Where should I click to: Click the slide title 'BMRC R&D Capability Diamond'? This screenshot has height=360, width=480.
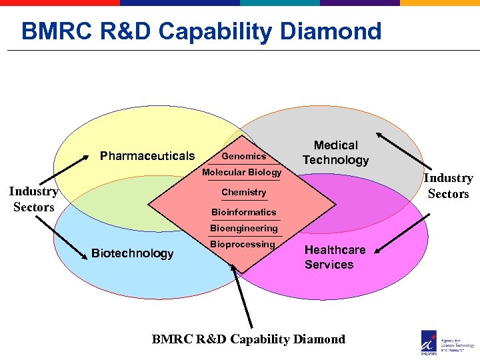pos(201,31)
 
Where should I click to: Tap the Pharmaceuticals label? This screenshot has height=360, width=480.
pos(147,156)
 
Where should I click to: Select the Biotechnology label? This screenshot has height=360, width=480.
pos(132,253)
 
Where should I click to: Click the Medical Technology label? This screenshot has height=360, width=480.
pos(335,153)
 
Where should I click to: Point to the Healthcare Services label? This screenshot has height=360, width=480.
pos(335,257)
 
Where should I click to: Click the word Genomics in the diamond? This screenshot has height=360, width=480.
pos(243,156)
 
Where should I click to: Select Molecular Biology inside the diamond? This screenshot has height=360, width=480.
pos(241,173)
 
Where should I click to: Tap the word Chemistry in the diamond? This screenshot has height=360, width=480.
pos(243,192)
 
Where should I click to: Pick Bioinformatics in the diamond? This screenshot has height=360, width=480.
pos(243,212)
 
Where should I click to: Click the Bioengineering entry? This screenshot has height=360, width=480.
pos(243,228)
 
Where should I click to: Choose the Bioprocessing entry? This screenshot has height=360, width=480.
pos(242,244)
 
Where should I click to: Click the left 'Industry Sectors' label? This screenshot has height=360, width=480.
pos(33,199)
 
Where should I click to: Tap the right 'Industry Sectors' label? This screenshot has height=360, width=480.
pos(448,186)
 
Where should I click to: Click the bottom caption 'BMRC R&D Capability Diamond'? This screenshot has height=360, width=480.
pos(249,339)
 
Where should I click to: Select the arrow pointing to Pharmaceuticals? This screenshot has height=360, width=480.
pos(63,170)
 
